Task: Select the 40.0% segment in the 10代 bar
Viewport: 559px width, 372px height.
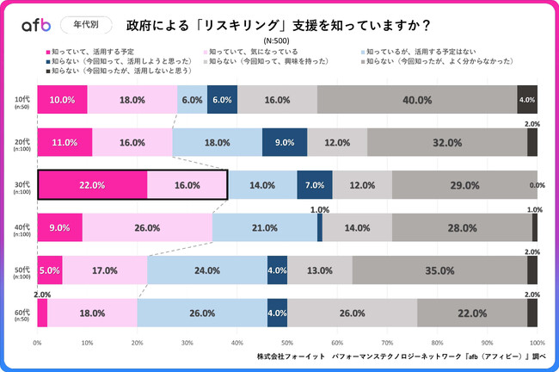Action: [417, 100]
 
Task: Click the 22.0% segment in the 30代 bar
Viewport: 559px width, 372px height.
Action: [92, 185]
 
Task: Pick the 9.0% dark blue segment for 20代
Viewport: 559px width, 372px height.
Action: [284, 142]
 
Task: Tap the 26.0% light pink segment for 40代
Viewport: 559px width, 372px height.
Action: [147, 228]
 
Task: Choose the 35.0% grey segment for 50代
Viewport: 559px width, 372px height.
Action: [439, 270]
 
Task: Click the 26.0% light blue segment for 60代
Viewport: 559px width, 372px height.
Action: [202, 313]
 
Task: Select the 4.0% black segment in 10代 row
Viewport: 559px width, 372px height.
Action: [527, 100]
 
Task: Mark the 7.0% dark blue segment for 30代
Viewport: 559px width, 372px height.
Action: [314, 185]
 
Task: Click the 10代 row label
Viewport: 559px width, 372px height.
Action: [22, 100]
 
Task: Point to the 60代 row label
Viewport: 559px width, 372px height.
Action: [22, 313]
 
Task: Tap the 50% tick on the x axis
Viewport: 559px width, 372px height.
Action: [287, 343]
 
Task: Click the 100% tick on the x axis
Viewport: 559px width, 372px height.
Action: [537, 343]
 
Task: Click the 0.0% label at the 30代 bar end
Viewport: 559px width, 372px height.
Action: [538, 185]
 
